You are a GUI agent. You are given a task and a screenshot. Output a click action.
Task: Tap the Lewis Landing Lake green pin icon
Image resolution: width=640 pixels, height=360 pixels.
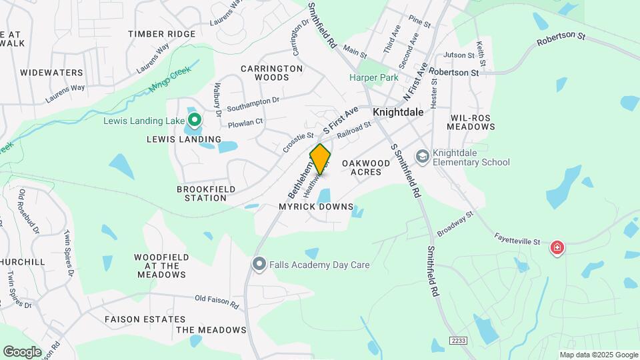(195, 120)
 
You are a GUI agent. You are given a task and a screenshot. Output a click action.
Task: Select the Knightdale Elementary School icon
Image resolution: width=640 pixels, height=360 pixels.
(421, 156)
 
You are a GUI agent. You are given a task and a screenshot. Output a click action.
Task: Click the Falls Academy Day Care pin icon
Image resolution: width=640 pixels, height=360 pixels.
(259, 265)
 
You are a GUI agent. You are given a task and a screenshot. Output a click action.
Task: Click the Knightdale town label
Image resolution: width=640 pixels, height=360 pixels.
(398, 112)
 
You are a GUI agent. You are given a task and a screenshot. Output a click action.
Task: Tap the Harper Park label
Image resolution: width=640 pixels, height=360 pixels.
(374, 77)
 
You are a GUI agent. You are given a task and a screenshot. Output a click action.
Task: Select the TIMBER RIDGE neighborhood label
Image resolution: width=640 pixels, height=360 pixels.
(162, 34)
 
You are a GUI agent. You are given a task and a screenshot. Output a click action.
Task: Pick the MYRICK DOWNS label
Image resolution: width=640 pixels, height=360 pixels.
(316, 207)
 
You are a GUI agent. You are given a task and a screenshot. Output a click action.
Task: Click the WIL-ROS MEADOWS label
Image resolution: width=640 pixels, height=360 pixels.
(469, 121)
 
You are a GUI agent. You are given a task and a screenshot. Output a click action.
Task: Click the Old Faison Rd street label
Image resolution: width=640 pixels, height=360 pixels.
(217, 302)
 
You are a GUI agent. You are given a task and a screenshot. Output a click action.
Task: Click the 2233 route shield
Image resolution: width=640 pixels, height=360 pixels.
(458, 340)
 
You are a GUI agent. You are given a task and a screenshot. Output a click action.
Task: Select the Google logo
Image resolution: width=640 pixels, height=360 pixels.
(22, 351)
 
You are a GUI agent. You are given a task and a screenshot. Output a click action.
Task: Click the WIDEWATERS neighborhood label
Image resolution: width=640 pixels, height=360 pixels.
(51, 72)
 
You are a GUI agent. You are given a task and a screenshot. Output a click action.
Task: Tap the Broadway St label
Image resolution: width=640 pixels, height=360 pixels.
(455, 224)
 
